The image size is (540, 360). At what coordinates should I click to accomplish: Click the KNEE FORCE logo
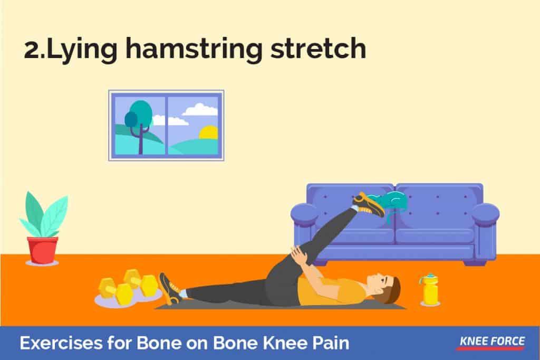pyautogui.click(x=492, y=343)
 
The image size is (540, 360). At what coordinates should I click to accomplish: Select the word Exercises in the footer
pyautogui.click(x=61, y=343)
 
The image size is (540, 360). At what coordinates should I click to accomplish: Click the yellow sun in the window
pyautogui.click(x=209, y=133)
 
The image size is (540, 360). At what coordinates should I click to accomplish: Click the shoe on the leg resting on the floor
pyautogui.click(x=169, y=288)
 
